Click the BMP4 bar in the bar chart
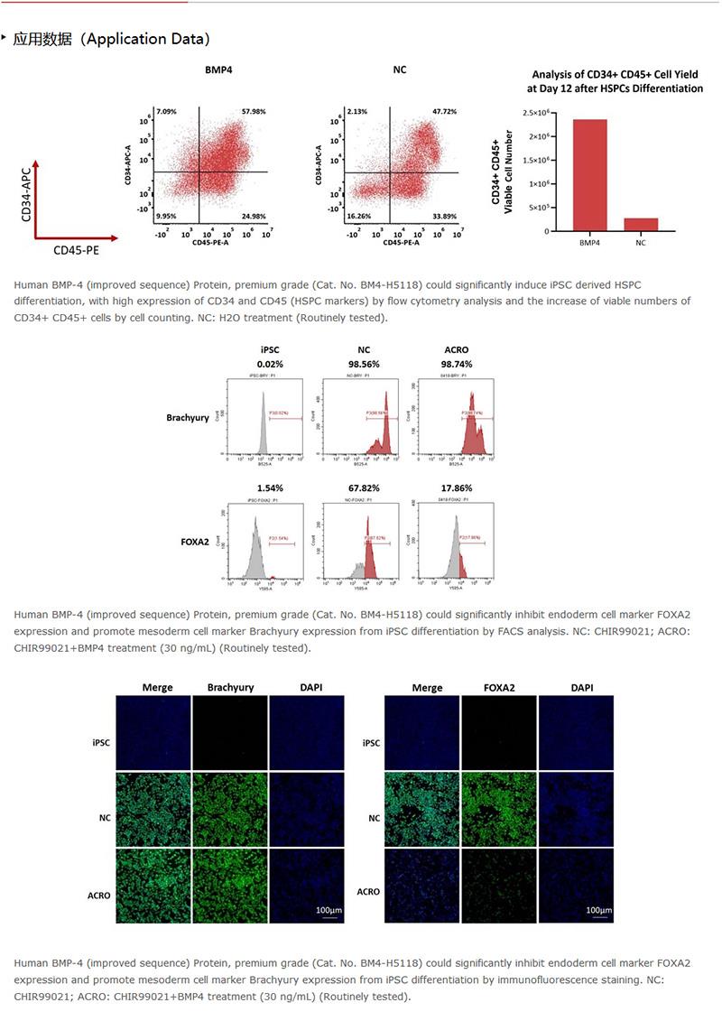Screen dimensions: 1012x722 (x=588, y=175)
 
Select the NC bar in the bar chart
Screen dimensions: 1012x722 (x=640, y=225)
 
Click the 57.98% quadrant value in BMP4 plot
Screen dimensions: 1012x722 (x=254, y=112)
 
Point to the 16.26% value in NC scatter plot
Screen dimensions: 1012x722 (x=358, y=217)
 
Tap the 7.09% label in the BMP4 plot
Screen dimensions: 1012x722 (x=165, y=112)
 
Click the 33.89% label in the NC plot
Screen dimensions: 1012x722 (x=444, y=217)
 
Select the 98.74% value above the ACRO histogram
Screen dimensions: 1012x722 (x=456, y=363)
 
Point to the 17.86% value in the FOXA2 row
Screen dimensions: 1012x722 (x=456, y=487)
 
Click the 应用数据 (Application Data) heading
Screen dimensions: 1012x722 (x=111, y=39)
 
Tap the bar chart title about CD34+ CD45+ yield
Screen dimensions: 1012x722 (x=615, y=81)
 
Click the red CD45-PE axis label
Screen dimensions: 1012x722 (x=76, y=250)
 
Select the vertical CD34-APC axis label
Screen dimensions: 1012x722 (x=27, y=194)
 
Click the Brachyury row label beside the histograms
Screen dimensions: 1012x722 (x=188, y=417)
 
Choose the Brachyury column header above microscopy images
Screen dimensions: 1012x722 (x=230, y=687)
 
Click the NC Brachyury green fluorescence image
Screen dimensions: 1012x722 (x=230, y=808)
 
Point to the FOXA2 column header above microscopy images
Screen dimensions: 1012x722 (x=499, y=687)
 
